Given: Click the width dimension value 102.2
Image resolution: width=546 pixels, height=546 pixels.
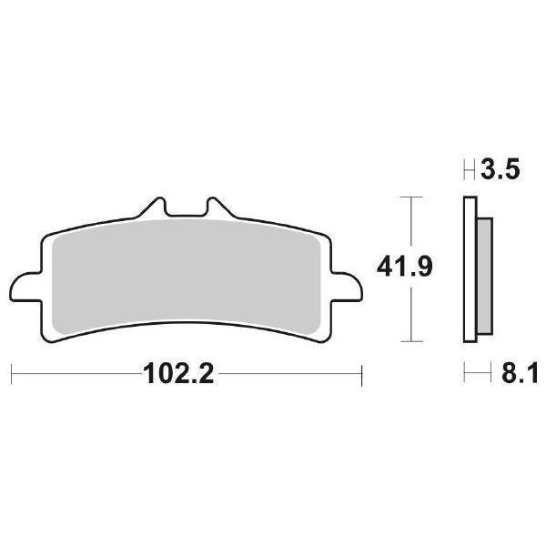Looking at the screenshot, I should coord(178,374).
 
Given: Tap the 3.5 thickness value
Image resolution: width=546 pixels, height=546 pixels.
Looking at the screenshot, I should coord(501,170).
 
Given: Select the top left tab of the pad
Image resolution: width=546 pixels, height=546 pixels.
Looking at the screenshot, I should coord(156,206).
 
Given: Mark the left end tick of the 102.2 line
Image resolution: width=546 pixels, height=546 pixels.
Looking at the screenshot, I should coord(12,374).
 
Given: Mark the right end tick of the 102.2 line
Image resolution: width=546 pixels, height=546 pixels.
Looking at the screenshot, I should coord(362,374).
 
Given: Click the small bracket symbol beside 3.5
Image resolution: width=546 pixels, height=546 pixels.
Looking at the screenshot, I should coord(470,170).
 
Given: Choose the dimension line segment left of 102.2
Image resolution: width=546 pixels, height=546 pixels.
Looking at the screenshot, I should coord(73,374).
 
